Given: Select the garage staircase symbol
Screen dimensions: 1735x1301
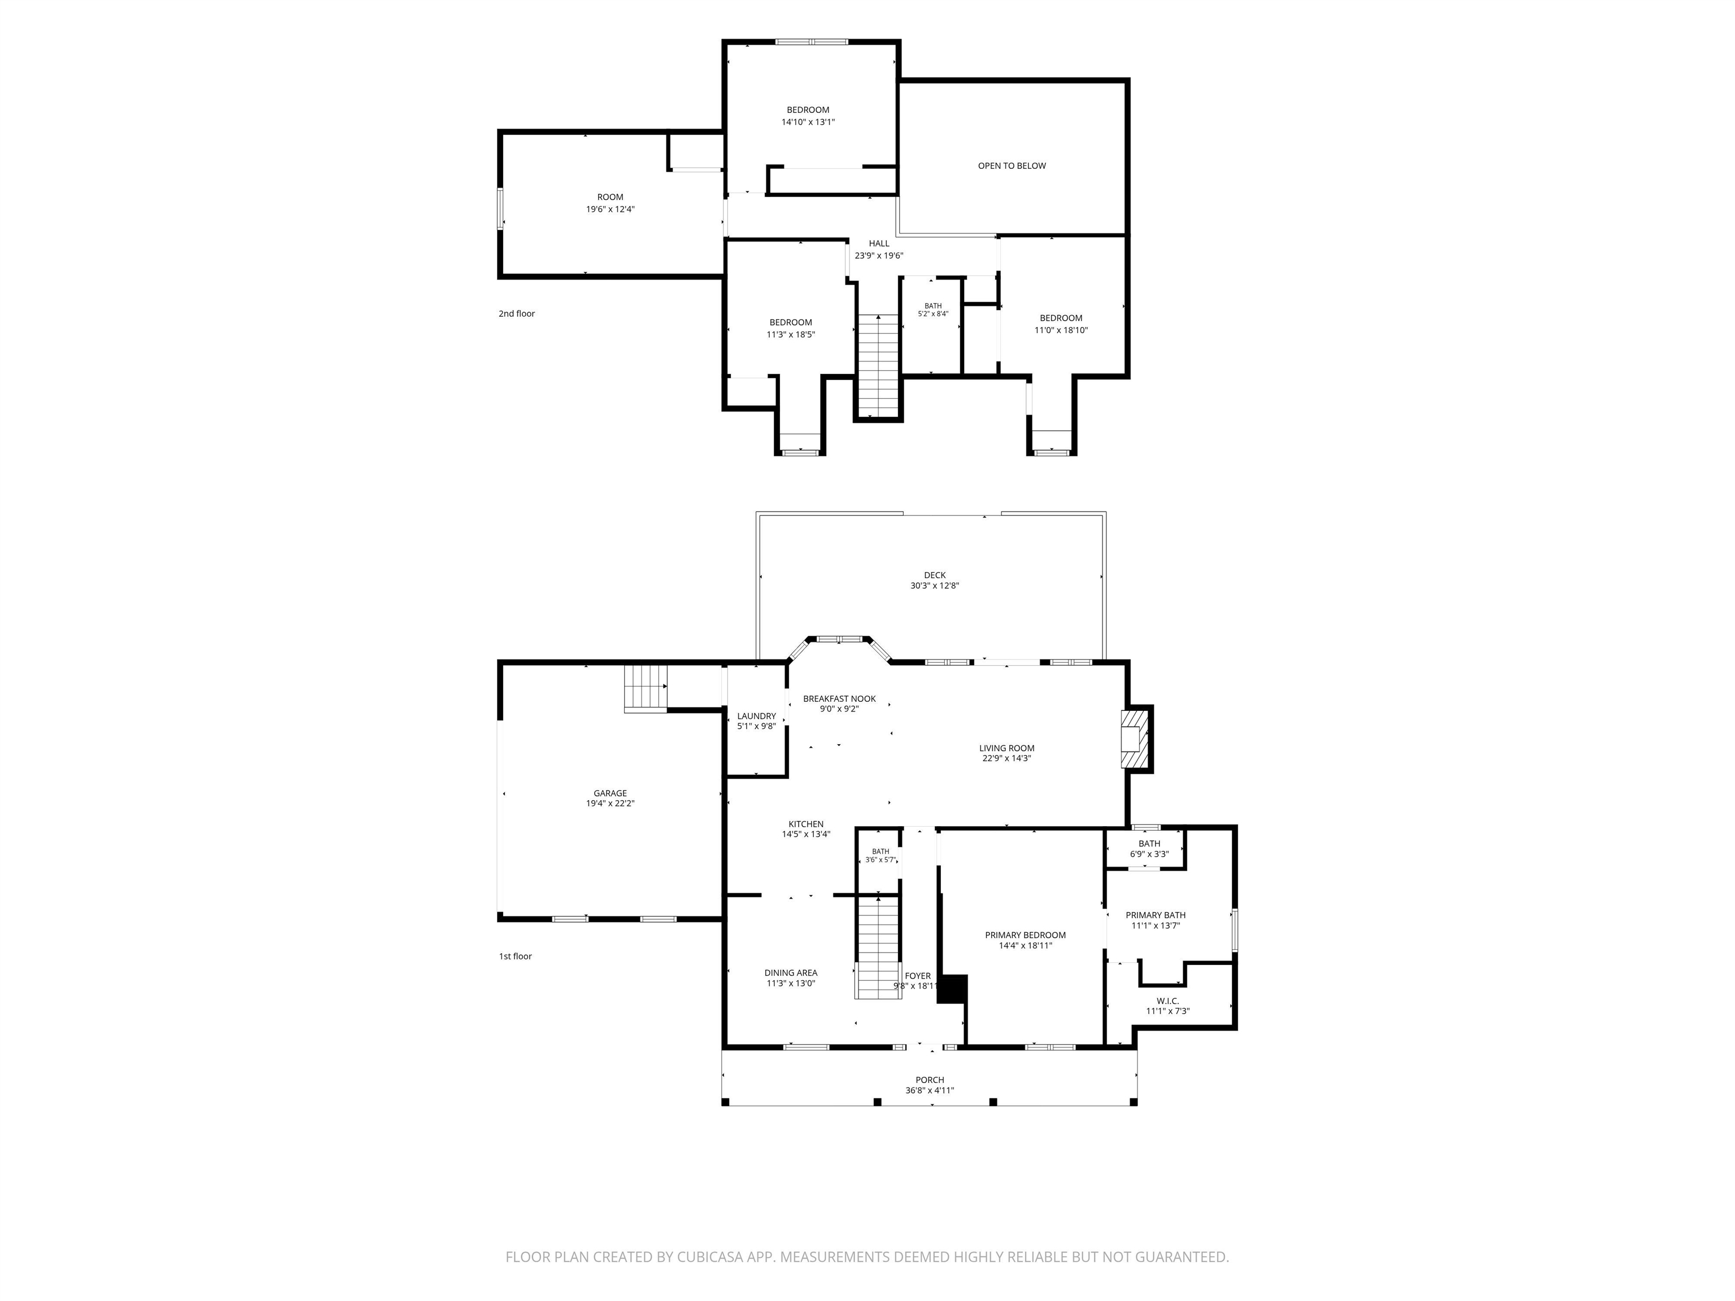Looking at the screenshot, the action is [x=646, y=688].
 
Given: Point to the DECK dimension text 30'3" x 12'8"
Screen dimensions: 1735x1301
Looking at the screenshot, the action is [x=934, y=586].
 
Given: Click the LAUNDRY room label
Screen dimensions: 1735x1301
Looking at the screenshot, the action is [x=756, y=716].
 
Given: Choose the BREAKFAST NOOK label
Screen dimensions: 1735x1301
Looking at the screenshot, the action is [x=839, y=698].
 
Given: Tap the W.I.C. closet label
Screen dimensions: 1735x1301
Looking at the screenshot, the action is [x=1167, y=1001].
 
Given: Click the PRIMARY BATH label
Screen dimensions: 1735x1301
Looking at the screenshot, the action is [x=1156, y=915].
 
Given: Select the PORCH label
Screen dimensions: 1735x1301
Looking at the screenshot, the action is [x=930, y=1080].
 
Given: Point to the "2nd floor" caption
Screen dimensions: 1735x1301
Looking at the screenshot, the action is [x=516, y=314].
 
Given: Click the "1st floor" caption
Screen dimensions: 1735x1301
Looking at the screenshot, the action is [x=515, y=957].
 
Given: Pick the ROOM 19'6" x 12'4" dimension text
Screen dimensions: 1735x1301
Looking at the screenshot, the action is [x=609, y=209].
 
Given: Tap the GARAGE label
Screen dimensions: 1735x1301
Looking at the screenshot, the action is [x=609, y=793].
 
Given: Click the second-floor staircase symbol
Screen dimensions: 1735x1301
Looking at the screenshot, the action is [x=878, y=365].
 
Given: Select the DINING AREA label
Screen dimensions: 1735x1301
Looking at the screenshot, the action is [x=791, y=973].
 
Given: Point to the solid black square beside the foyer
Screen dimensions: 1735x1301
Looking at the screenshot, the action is [x=952, y=988].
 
